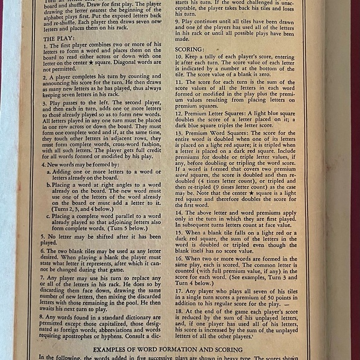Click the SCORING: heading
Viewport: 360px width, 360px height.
tap(189, 49)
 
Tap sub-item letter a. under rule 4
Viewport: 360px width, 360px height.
tap(49, 172)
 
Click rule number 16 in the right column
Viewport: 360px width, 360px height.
tap(179, 258)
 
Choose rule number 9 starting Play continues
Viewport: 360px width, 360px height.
tap(178, 20)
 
